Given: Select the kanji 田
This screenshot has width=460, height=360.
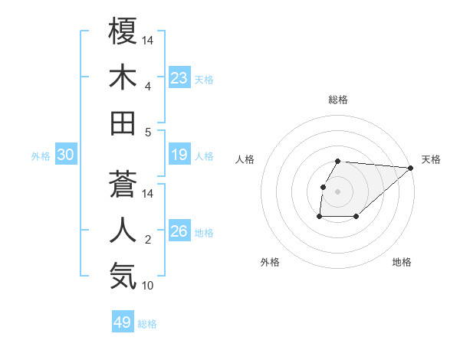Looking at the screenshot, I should tap(123, 123).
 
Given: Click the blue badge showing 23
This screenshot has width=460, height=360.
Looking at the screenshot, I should tap(179, 78).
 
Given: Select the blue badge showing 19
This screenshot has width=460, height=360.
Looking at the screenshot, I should tap(179, 155).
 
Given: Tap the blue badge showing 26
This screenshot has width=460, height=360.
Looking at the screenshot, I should tap(179, 231).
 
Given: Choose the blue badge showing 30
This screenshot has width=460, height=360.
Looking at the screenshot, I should tap(66, 155).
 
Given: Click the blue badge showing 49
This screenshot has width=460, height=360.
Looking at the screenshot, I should tap(123, 322).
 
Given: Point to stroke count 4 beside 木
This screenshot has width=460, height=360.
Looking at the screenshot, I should tap(147, 86).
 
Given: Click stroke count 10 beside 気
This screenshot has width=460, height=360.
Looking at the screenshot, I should tap(149, 286).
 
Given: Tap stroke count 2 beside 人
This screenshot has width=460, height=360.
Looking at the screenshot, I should tap(147, 240).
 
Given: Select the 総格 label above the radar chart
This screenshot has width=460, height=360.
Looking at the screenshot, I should tap(338, 100).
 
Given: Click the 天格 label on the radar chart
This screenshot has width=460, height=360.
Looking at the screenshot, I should tap(431, 159).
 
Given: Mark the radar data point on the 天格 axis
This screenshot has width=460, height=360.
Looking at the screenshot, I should tap(410, 168).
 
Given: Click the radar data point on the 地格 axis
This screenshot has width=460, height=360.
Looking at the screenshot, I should tap(356, 217).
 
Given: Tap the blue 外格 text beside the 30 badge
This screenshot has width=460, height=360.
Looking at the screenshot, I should tap(41, 156).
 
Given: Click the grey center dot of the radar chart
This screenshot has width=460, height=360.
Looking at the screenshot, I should tap(338, 191).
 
